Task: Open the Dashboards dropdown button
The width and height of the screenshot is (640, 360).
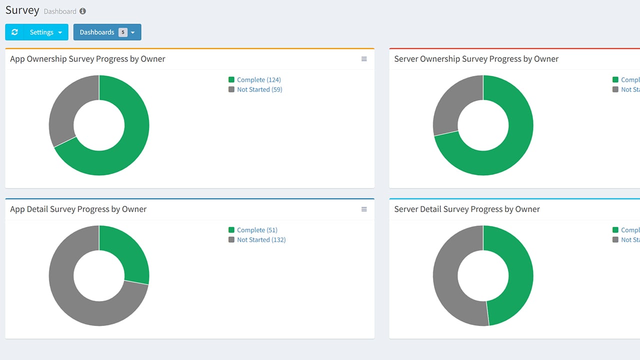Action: [x=107, y=32]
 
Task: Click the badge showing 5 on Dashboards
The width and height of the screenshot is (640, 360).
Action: [x=123, y=32]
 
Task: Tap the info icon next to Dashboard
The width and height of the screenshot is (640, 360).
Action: [x=82, y=11]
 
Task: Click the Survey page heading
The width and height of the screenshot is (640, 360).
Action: [x=22, y=10]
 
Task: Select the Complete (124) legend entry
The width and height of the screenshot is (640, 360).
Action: [x=258, y=79]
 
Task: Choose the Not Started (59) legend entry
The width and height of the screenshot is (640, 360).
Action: [x=259, y=89]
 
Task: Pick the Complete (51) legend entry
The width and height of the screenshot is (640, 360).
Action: [x=256, y=230]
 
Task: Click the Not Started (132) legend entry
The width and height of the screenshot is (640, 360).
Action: [x=260, y=240]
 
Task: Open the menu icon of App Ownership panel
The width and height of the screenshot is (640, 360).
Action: [x=364, y=59]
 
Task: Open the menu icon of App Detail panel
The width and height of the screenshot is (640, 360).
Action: [x=364, y=209]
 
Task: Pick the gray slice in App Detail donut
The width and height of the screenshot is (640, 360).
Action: [x=75, y=300]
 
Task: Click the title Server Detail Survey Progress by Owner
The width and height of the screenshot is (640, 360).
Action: [x=466, y=209]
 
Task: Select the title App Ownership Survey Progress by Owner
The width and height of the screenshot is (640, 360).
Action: [x=87, y=59]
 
